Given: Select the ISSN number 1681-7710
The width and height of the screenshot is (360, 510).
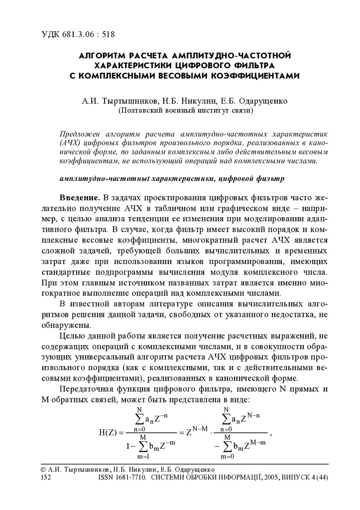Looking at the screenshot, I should [x=130, y=477].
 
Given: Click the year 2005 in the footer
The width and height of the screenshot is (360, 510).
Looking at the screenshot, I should [x=269, y=477].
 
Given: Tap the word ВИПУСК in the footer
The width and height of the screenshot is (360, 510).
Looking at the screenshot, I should [x=295, y=477].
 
